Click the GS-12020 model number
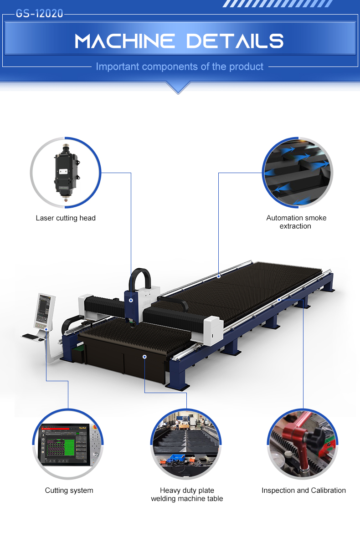click(40, 14)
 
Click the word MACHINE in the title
click(125, 41)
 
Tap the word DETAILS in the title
click(235, 41)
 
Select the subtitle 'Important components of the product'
click(180, 66)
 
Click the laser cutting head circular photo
click(66, 173)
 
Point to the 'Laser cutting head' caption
click(66, 218)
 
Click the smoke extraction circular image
click(298, 173)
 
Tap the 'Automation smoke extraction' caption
click(296, 222)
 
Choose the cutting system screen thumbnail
click(68, 444)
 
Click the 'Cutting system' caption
click(69, 491)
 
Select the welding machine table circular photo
click(186, 444)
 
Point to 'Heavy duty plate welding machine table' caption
click(187, 495)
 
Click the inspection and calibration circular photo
click(303, 444)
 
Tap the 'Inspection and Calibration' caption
click(303, 491)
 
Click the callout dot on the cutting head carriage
click(131, 301)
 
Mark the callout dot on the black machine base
click(144, 357)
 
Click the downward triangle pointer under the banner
click(179, 87)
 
